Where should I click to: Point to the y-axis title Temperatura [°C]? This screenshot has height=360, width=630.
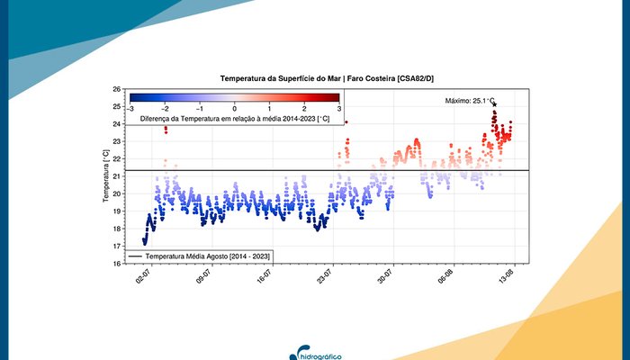pyautogui.click(x=106, y=176)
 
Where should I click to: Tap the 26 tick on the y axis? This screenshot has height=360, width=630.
pyautogui.click(x=118, y=89)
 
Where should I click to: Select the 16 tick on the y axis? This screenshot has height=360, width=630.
pyautogui.click(x=118, y=264)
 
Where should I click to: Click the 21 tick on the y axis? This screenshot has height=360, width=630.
pyautogui.click(x=118, y=176)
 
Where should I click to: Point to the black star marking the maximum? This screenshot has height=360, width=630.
pyautogui.click(x=494, y=104)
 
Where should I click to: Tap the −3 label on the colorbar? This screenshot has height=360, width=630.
pyautogui.click(x=131, y=108)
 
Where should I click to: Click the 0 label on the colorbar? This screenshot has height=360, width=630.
pyautogui.click(x=235, y=108)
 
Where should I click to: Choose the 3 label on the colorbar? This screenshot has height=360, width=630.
pyautogui.click(x=338, y=108)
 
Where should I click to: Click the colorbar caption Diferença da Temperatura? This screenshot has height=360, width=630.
pyautogui.click(x=235, y=118)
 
